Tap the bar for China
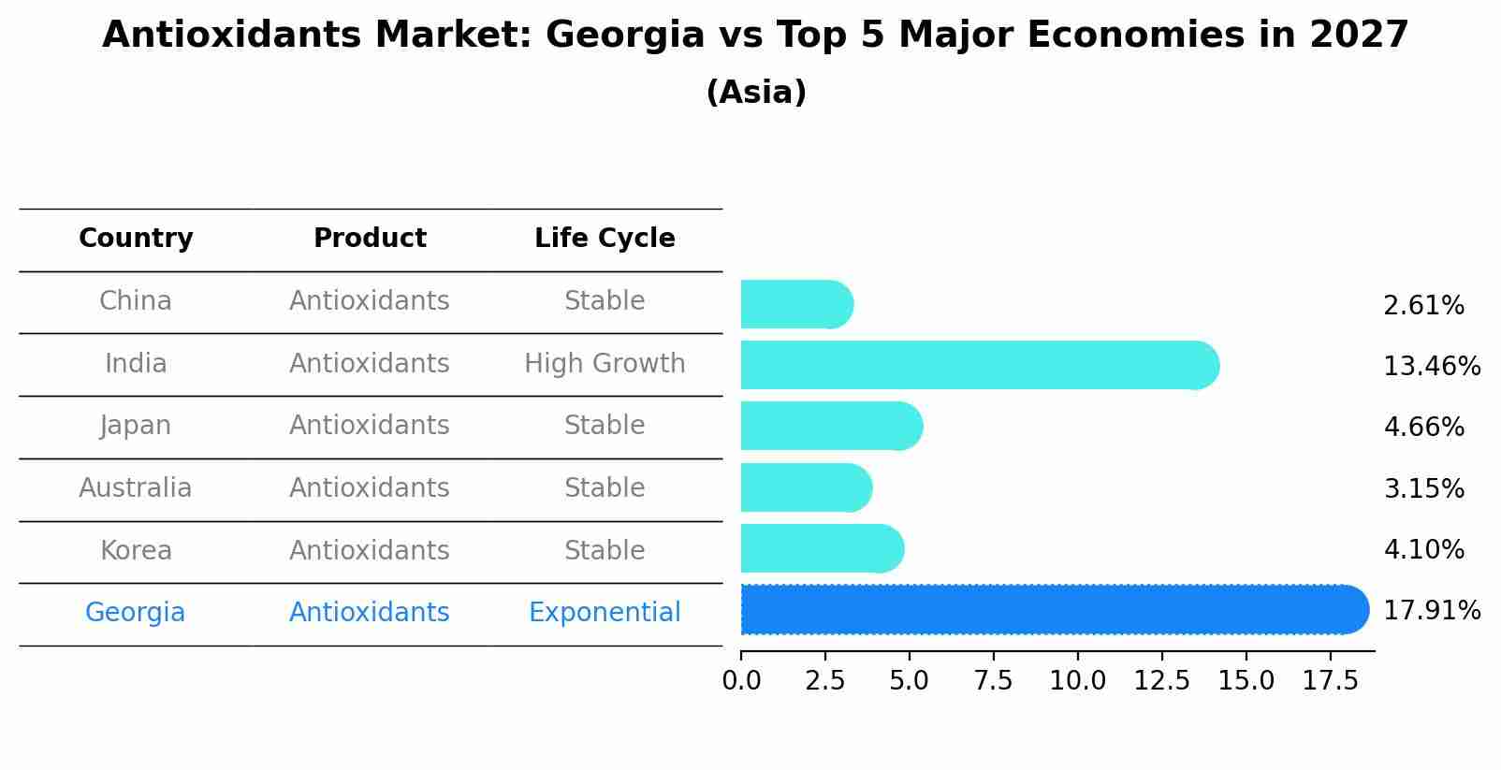point(795,304)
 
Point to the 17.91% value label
point(1431,611)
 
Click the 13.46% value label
point(1431,366)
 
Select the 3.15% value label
point(1422,488)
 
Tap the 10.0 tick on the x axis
point(1077,681)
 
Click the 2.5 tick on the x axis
point(824,681)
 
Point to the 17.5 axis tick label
point(1330,681)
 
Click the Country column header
point(136,239)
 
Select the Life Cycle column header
point(605,239)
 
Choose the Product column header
point(370,239)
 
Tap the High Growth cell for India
point(605,364)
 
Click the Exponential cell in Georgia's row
point(605,613)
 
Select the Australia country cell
point(136,488)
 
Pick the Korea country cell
point(136,551)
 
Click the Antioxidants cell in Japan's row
point(370,426)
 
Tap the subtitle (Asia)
point(756,93)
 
